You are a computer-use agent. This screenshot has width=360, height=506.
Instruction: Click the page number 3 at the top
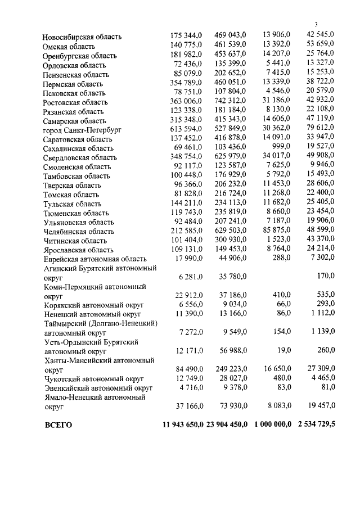coord(316,24)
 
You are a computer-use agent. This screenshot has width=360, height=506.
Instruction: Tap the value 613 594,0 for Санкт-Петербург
coord(187,130)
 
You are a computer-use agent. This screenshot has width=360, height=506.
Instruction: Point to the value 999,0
coord(280,148)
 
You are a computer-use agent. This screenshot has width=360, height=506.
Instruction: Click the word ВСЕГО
coord(58,425)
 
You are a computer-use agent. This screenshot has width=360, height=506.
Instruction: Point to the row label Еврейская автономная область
coord(94,259)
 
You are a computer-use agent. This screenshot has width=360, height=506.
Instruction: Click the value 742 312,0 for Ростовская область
coord(231,102)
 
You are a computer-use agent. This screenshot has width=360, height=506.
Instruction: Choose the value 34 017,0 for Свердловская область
coord(276,157)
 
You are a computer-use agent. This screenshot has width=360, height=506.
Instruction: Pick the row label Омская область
coord(69,46)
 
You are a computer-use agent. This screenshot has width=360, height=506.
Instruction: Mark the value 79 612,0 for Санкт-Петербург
coord(320,130)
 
